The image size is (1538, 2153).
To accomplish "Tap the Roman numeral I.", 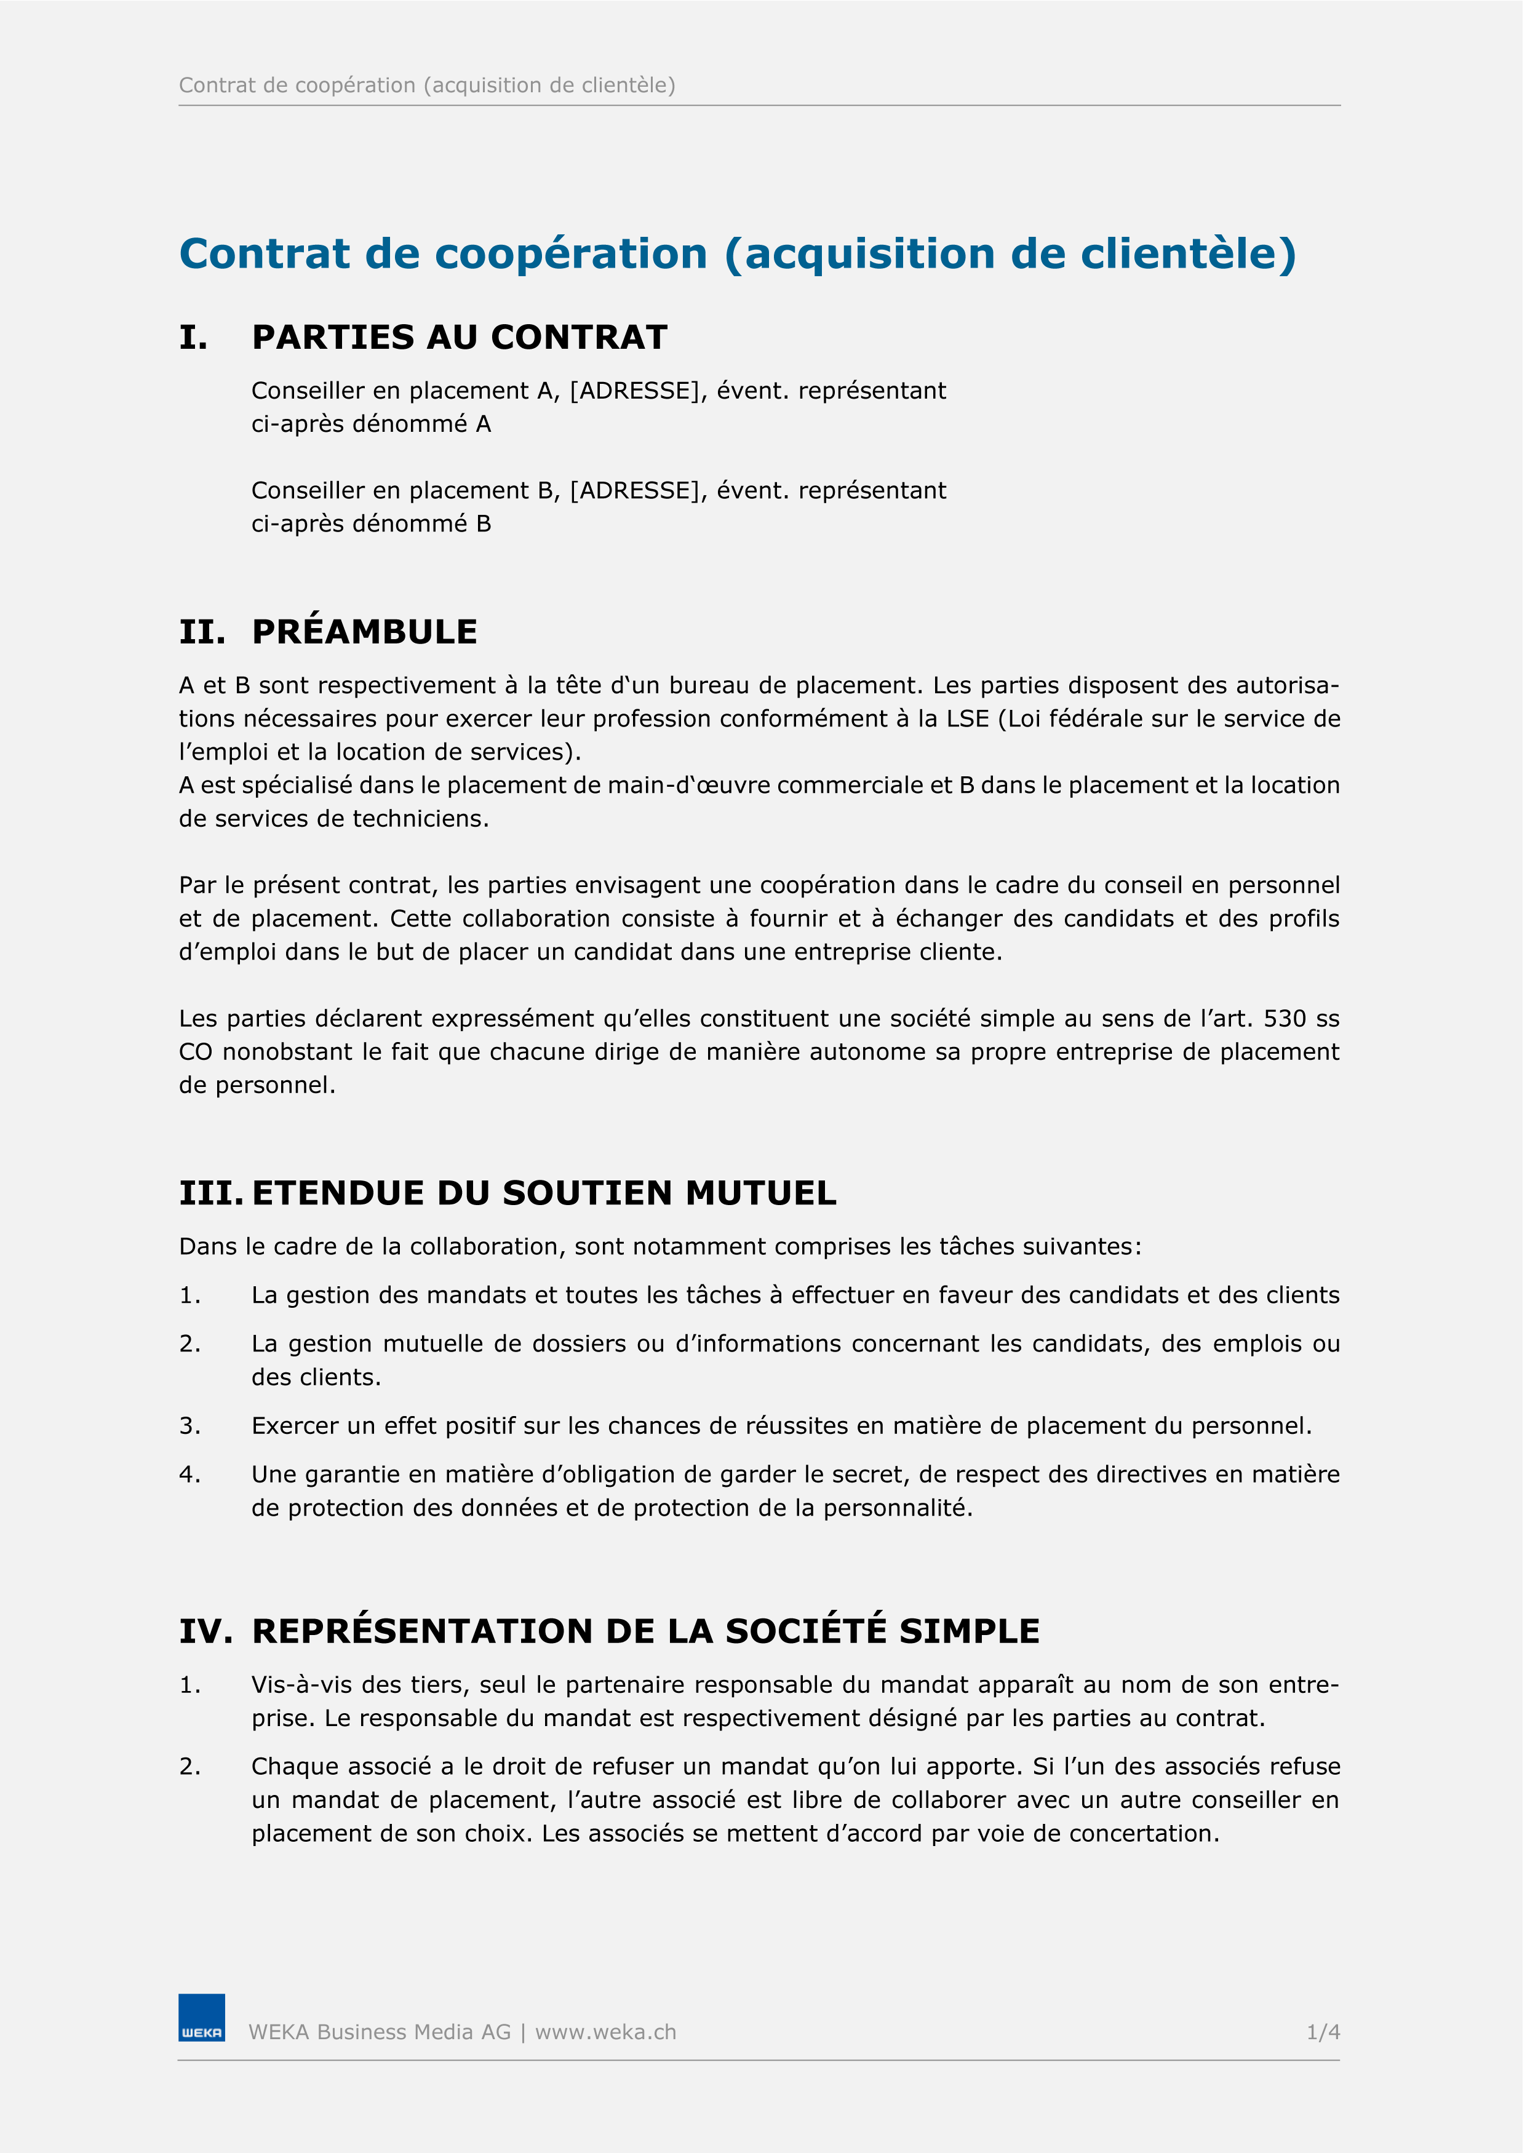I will pos(193,338).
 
